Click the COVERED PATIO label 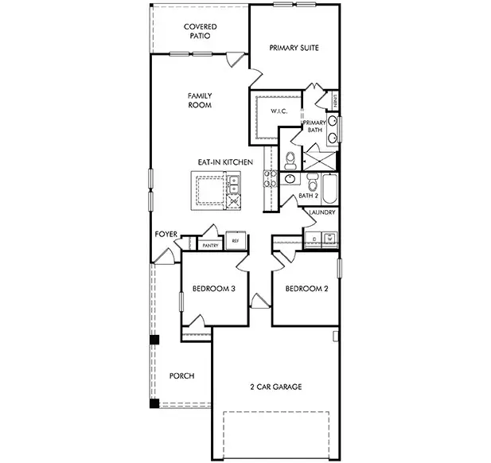199,32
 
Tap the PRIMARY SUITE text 294,48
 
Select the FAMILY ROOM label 199,100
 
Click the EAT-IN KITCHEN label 225,162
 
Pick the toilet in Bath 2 290,181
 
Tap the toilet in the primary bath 290,156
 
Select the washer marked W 328,238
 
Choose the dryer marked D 314,238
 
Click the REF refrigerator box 235,240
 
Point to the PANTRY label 210,246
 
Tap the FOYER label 166,235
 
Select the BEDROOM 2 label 306,289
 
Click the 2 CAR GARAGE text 275,387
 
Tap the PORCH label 182,375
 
